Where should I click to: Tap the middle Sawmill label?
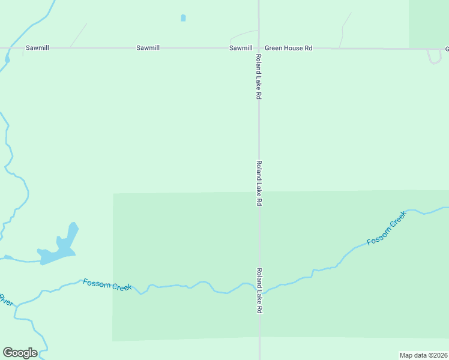(148, 47)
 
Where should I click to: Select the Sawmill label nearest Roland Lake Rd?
(241, 47)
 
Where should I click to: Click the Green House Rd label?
(289, 47)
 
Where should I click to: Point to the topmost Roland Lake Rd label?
(259, 76)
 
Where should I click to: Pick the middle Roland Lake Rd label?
(259, 184)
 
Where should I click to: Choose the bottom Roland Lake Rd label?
(259, 291)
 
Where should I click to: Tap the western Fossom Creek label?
(107, 285)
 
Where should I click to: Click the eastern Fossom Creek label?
(387, 233)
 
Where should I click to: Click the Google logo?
(20, 353)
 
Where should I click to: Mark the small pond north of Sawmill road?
(183, 18)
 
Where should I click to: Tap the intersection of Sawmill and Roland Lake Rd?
(259, 47)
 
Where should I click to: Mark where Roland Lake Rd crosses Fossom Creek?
(259, 287)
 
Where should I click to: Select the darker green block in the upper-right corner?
(429, 23)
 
